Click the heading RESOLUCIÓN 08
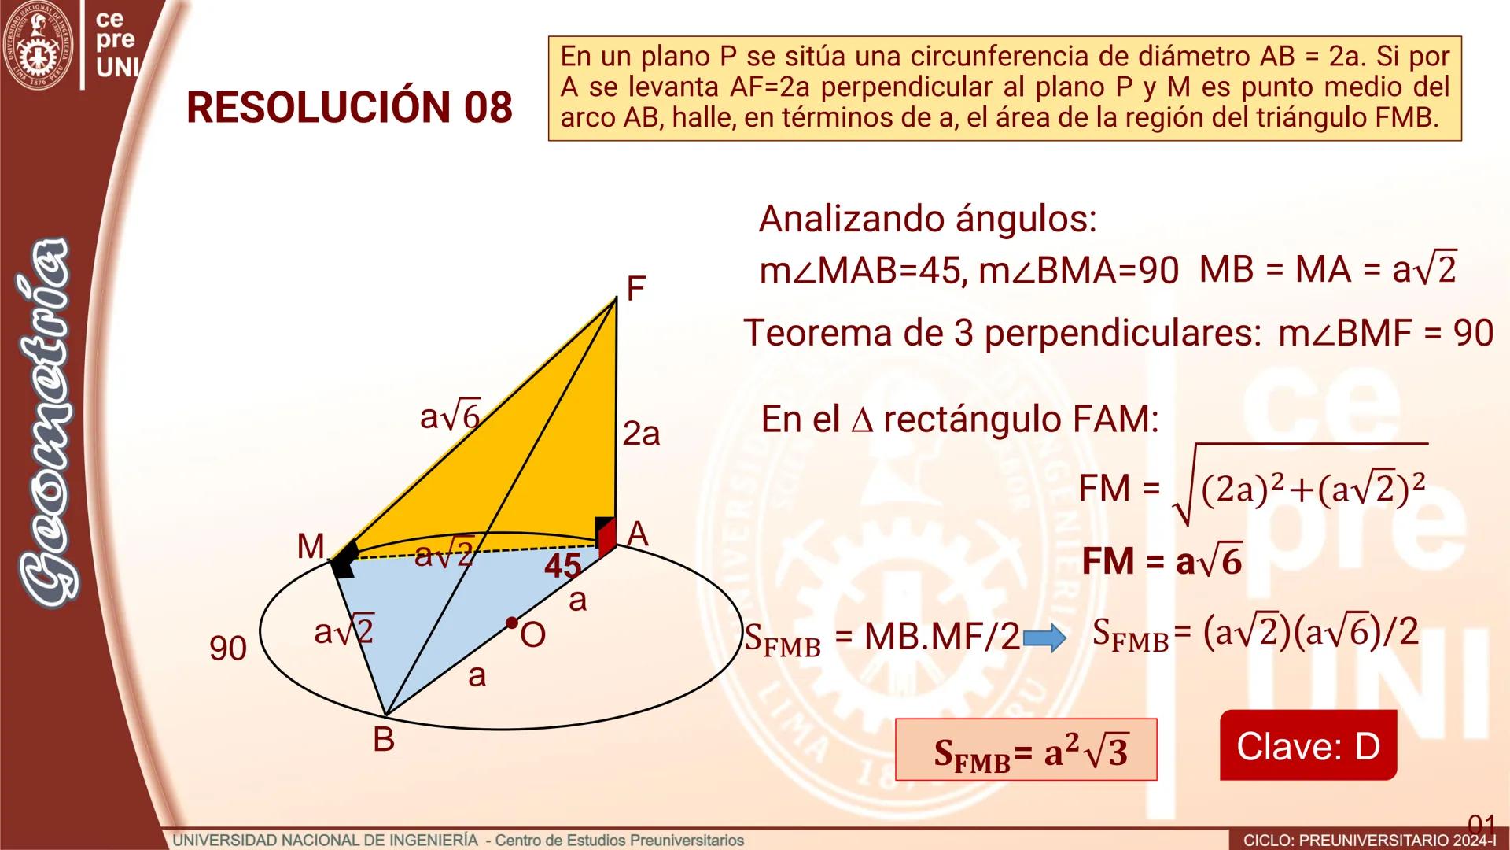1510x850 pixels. (x=349, y=107)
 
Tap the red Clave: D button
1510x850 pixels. (x=1308, y=745)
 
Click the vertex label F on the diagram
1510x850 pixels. (x=635, y=289)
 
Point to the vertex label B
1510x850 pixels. (x=383, y=740)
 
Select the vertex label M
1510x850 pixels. (x=311, y=545)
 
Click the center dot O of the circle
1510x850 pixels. (x=512, y=623)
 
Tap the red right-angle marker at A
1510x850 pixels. (x=606, y=538)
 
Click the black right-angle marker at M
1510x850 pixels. (x=344, y=560)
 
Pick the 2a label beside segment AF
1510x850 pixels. (x=641, y=434)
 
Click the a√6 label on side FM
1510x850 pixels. (x=450, y=416)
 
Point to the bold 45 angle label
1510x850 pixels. (x=563, y=566)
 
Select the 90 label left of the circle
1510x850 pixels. (x=228, y=649)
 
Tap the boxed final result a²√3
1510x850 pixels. (x=1026, y=750)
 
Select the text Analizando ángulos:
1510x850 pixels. (x=927, y=219)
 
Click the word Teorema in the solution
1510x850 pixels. (x=817, y=333)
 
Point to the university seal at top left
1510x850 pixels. (x=38, y=43)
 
